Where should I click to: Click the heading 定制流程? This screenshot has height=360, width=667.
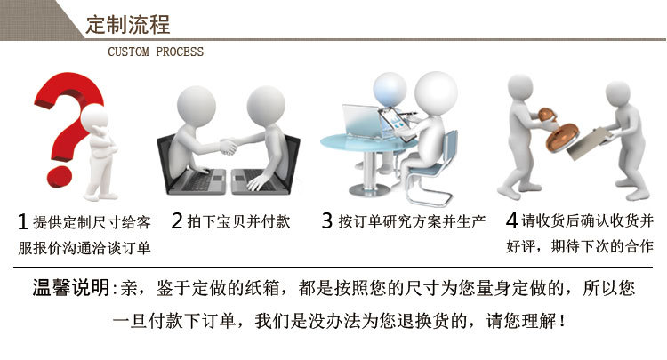point(127,23)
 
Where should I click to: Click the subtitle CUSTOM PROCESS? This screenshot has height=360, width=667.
point(156,52)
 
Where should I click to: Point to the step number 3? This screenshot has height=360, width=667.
point(326,220)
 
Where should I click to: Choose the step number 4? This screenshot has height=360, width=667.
point(511,220)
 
